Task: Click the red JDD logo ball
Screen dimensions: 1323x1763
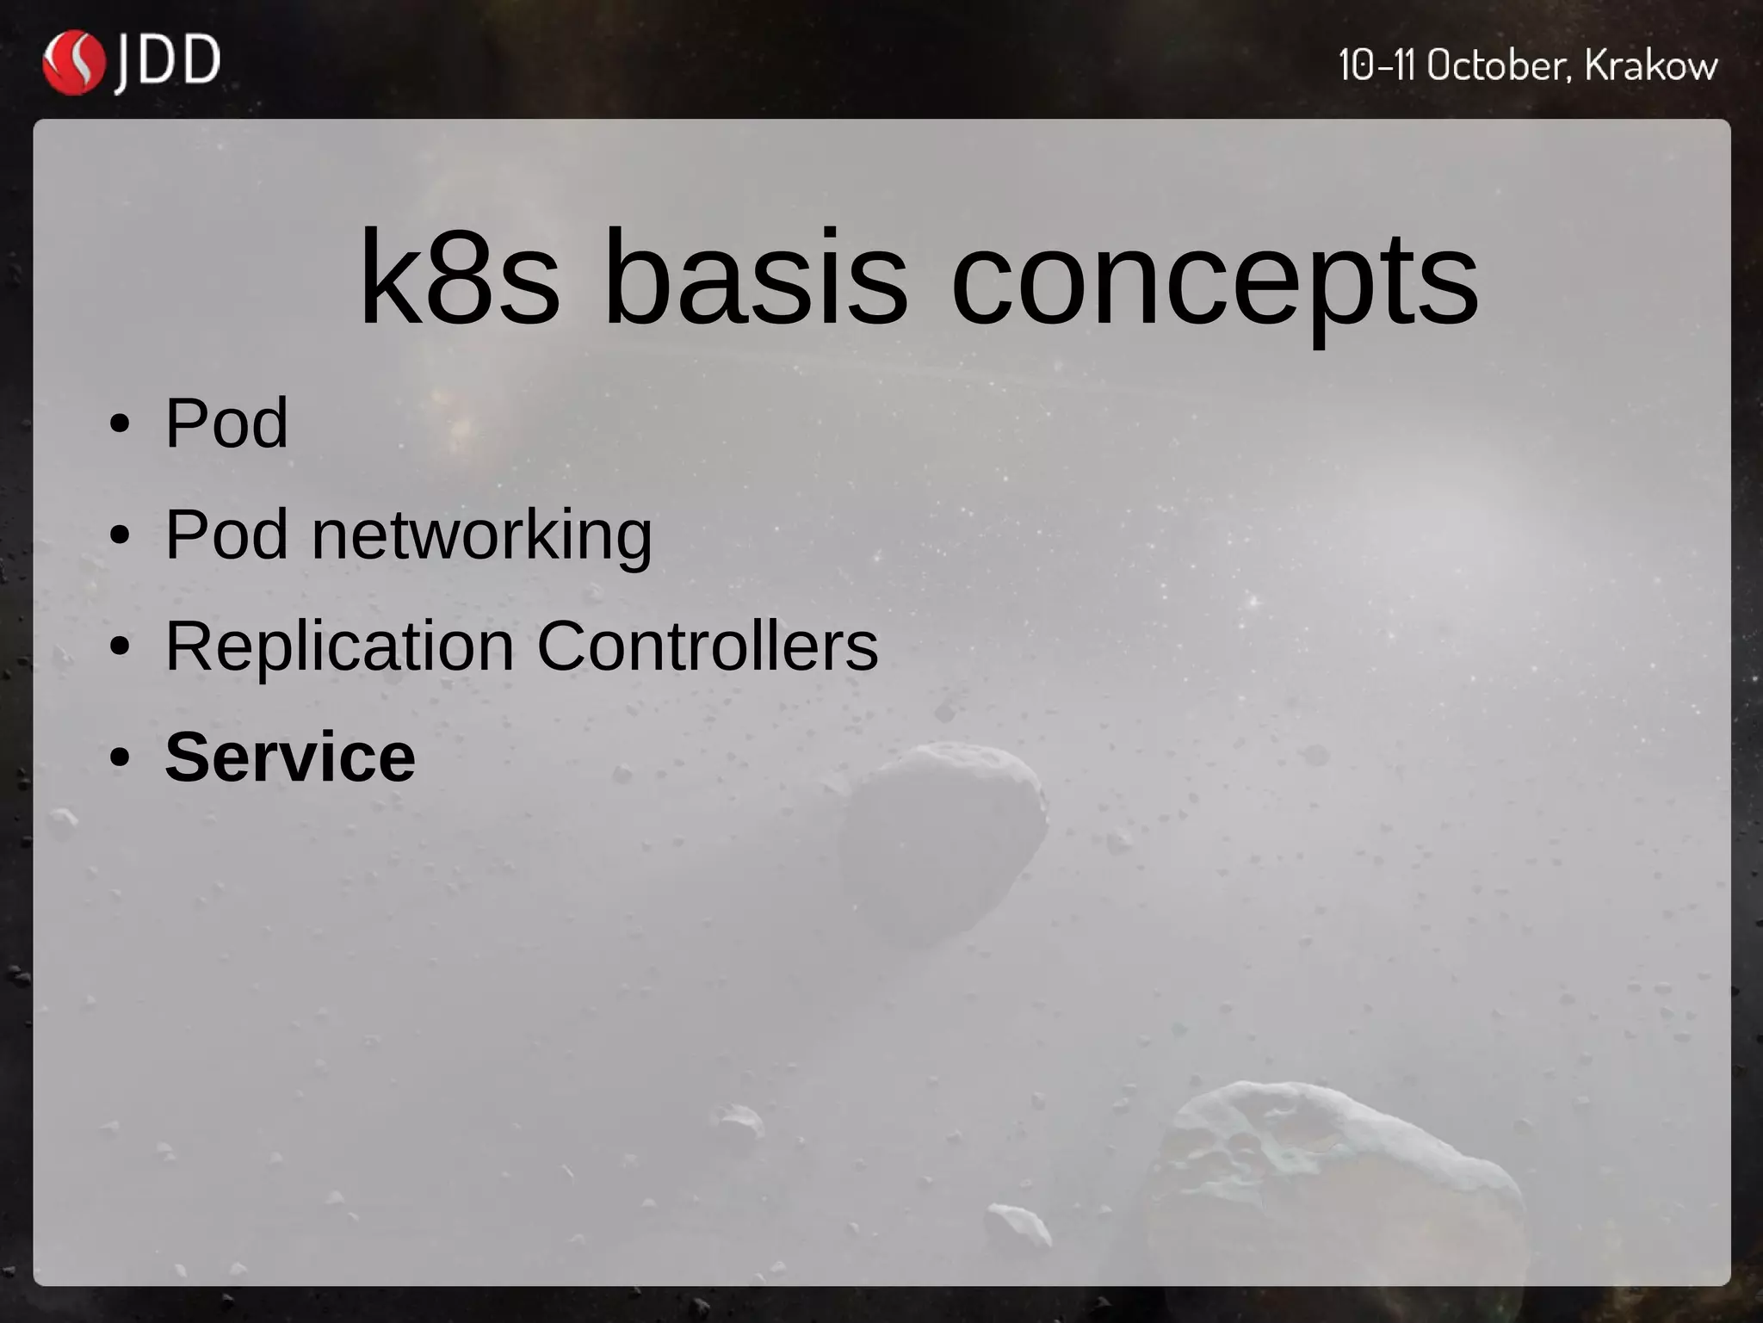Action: click(73, 62)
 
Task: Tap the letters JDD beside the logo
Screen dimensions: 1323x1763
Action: click(168, 62)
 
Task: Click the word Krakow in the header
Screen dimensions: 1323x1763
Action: click(1650, 65)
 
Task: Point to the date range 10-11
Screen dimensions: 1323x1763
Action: click(1376, 65)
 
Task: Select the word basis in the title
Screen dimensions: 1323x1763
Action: click(755, 277)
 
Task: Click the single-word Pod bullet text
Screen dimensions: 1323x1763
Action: click(226, 423)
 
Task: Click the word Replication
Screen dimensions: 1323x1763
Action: click(340, 646)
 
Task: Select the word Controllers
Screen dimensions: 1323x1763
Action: click(708, 646)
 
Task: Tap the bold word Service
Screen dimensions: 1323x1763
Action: click(290, 757)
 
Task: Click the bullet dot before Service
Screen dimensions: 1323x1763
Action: click(120, 758)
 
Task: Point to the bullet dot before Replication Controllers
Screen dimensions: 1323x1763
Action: click(120, 646)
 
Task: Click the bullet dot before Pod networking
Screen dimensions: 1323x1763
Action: click(120, 535)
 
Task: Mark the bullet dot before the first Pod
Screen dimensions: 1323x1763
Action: click(120, 423)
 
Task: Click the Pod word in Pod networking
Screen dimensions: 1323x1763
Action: click(226, 535)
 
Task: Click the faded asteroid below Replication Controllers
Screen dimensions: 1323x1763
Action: click(943, 839)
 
